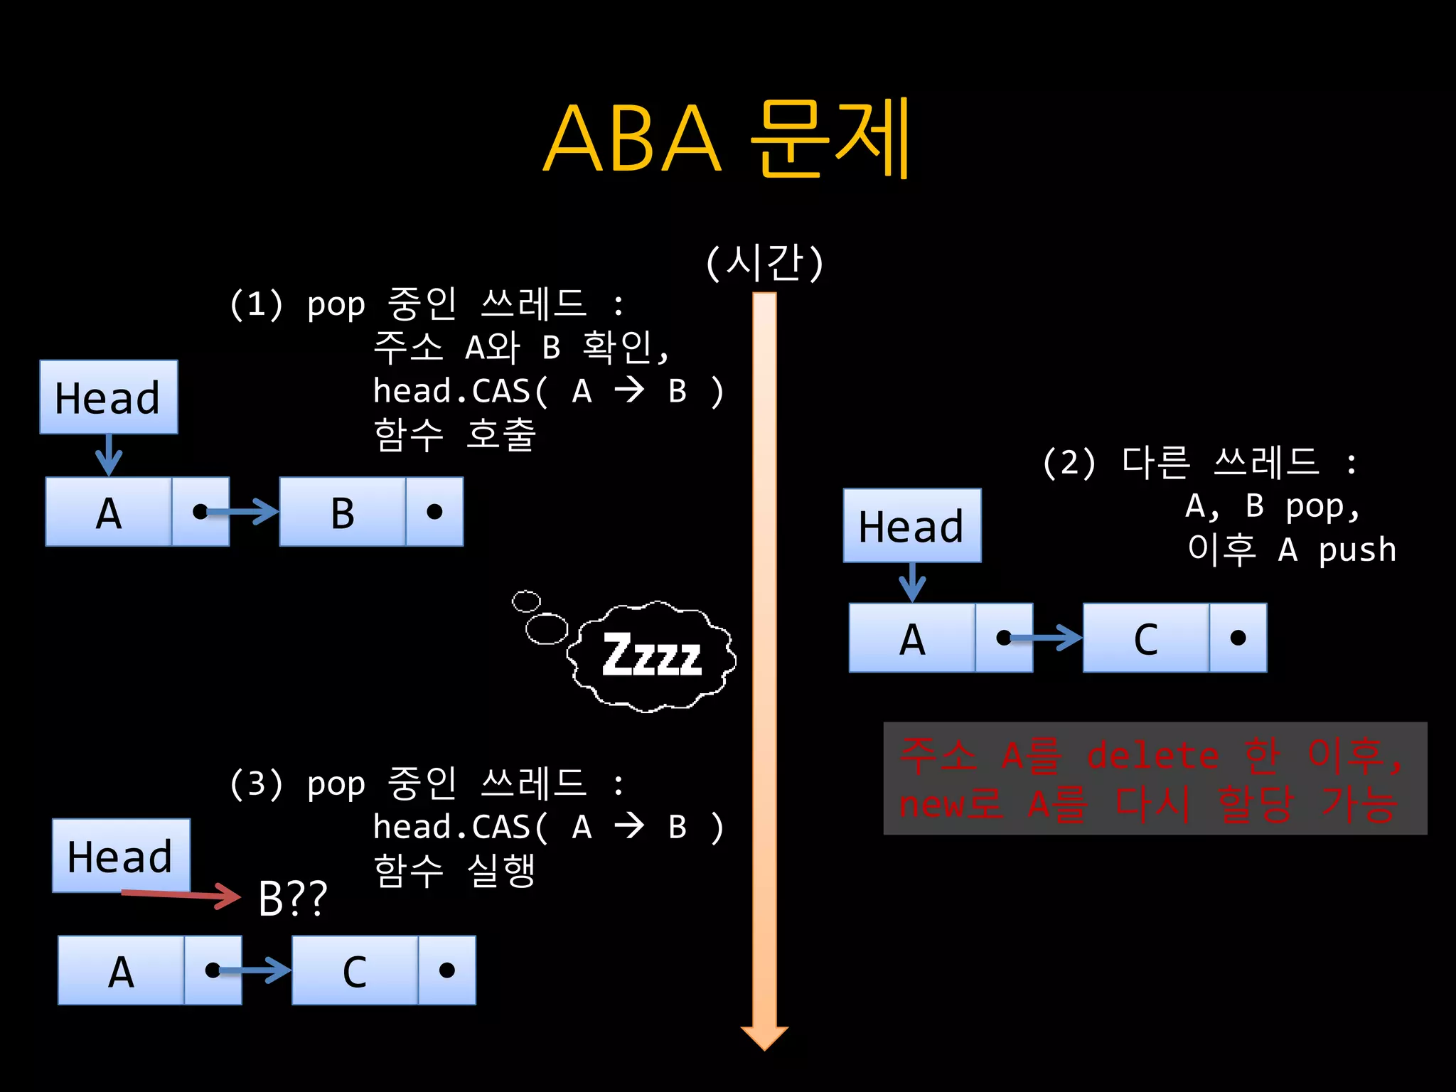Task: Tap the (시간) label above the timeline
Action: (x=764, y=262)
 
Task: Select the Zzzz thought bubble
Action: (x=651, y=655)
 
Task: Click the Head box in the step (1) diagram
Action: (x=109, y=397)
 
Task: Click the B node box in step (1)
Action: (x=343, y=512)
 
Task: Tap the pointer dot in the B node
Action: (x=434, y=512)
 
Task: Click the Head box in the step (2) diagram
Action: (x=912, y=526)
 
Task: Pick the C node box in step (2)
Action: (x=1146, y=638)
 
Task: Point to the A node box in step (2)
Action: (x=912, y=638)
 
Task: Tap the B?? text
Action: (x=292, y=899)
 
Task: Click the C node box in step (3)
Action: (x=355, y=970)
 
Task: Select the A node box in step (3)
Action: (x=121, y=970)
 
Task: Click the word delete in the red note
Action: (x=1152, y=755)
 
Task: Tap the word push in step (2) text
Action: (x=1356, y=550)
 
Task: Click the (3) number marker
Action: (x=256, y=783)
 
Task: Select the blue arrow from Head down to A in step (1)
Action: (x=109, y=455)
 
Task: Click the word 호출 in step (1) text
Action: (x=500, y=434)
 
